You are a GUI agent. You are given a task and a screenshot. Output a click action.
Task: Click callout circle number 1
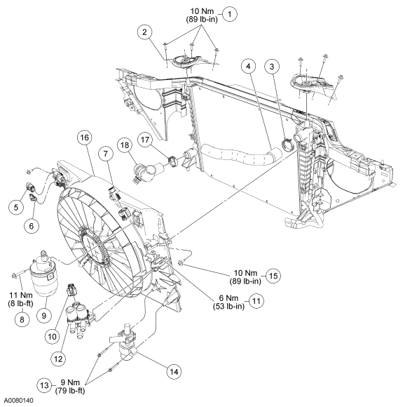click(x=230, y=14)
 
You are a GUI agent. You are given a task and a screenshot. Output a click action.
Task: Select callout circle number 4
click(x=248, y=67)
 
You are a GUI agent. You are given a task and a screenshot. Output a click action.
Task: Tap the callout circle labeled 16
click(x=85, y=138)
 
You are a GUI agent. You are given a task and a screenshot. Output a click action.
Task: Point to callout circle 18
click(x=125, y=145)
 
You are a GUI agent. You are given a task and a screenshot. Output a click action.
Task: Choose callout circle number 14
click(x=174, y=372)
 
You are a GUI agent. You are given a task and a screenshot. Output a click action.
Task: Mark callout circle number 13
click(x=45, y=385)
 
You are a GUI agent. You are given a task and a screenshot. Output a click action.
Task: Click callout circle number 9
click(x=43, y=315)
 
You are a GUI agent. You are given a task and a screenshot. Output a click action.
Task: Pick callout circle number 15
click(x=273, y=276)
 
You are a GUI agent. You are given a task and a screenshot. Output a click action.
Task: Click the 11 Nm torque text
click(x=21, y=295)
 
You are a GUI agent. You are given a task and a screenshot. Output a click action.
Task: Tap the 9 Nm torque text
click(x=70, y=382)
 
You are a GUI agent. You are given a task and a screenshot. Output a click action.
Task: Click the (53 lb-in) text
click(x=228, y=306)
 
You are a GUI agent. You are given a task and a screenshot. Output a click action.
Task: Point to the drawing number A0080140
click(x=18, y=401)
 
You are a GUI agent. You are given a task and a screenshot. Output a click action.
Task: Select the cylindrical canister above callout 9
click(x=43, y=275)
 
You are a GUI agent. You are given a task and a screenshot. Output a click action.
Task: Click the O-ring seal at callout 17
click(x=172, y=160)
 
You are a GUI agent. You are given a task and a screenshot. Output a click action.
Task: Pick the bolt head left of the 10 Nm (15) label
click(x=180, y=264)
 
